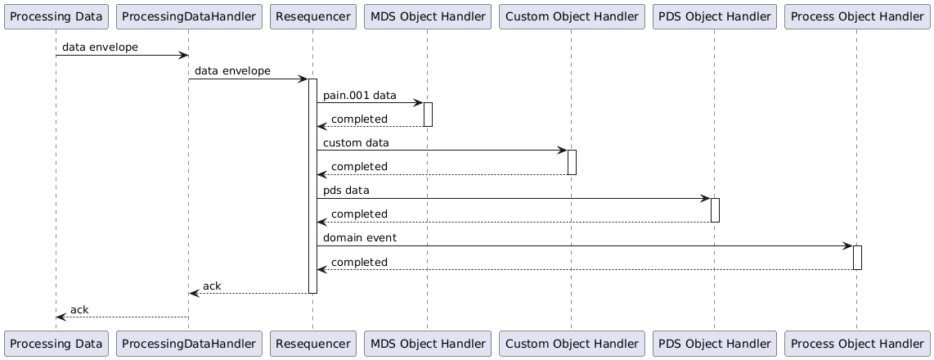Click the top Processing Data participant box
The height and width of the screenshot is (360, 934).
point(56,16)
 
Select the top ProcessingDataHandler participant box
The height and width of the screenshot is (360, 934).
point(188,16)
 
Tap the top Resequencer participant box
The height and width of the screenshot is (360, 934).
point(312,16)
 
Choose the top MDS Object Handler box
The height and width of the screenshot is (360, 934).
point(427,16)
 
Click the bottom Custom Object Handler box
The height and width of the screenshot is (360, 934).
point(571,344)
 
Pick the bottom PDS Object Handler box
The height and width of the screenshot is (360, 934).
point(714,344)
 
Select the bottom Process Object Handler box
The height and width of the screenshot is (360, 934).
point(856,344)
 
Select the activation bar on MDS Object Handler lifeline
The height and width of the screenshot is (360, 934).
point(427,115)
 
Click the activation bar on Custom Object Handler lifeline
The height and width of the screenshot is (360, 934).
point(572,162)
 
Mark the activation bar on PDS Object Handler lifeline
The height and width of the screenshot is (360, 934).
point(715,209)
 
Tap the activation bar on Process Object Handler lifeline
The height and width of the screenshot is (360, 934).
point(857,257)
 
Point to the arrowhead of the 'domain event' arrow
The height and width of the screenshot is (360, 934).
point(848,245)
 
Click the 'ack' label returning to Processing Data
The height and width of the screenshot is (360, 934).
point(79,309)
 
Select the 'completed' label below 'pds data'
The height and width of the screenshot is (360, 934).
point(359,214)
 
